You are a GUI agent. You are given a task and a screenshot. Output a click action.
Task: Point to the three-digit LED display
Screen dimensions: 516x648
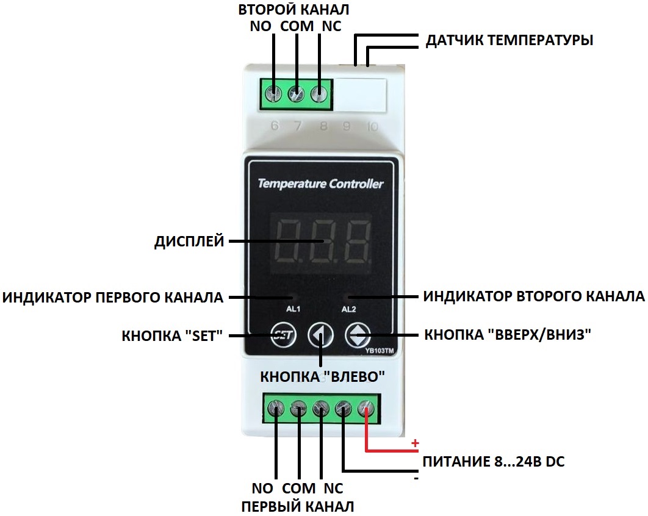point(323,241)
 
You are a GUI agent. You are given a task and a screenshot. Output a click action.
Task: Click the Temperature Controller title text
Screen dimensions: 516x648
point(320,184)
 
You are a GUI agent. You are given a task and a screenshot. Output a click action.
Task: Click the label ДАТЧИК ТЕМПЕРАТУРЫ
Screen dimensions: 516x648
point(509,41)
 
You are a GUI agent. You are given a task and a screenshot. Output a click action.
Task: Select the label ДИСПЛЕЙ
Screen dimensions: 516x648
point(189,242)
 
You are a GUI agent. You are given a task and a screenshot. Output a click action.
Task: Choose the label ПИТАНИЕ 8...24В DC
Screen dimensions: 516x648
point(494,462)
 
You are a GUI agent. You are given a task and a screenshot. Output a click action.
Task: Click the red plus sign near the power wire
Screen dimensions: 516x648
point(416,442)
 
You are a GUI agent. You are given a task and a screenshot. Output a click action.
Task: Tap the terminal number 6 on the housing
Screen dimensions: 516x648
point(275,127)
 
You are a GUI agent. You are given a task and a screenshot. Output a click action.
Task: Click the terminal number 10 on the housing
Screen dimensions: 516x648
point(372,127)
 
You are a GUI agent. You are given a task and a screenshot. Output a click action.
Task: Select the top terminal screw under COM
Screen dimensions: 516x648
point(296,95)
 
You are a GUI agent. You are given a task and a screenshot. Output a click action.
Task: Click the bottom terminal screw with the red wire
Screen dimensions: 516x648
point(366,407)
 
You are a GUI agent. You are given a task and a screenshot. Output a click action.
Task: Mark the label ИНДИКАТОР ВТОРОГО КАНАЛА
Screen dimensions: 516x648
point(534,297)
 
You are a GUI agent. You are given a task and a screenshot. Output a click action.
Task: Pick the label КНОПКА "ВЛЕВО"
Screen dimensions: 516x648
point(323,376)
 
